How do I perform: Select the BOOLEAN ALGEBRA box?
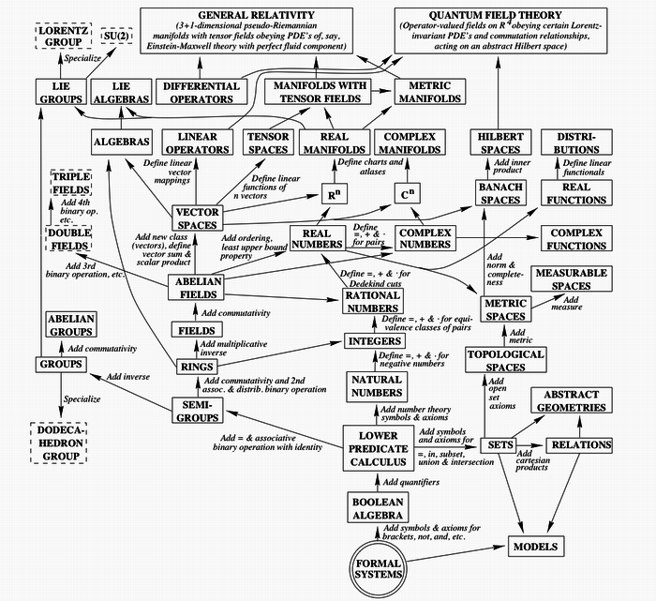[378, 508]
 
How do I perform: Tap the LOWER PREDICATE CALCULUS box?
[379, 448]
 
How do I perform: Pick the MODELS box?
[536, 547]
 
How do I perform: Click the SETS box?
[499, 445]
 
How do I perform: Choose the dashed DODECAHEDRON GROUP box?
[59, 443]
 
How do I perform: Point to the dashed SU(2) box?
[117, 36]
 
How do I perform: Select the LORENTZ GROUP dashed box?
[64, 36]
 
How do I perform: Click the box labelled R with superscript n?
[334, 194]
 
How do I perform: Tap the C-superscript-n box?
[407, 194]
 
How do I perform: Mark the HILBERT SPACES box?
[500, 143]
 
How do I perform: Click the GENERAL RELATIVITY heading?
[256, 15]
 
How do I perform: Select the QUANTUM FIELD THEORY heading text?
[495, 15]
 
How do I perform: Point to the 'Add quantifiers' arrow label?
[411, 482]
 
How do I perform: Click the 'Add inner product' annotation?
[512, 166]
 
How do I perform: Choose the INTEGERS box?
[375, 341]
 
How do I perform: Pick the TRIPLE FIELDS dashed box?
[71, 183]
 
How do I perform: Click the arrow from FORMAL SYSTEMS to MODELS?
[455, 554]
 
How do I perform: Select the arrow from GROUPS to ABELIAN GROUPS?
[61, 348]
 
